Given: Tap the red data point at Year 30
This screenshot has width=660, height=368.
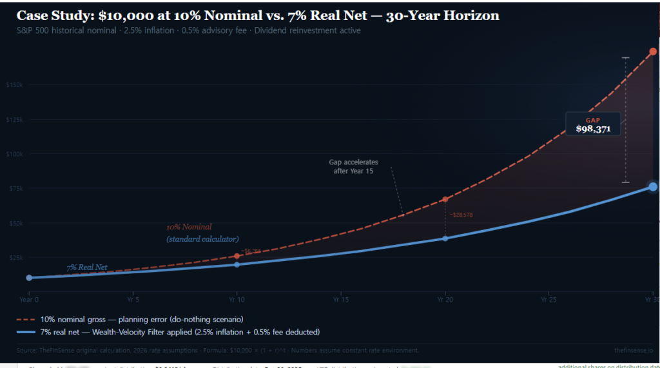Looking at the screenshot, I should pos(652,51).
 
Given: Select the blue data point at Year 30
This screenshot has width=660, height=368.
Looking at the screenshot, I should pos(652,186).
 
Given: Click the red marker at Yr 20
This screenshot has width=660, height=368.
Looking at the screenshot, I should pos(445,200).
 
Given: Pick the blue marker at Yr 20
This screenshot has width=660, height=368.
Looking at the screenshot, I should pos(445,238).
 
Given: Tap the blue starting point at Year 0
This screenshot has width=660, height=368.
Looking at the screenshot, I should pos(29,278).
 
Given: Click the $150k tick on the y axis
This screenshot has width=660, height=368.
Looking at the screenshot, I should pos(14,85).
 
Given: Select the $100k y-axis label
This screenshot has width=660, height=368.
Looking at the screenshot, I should pos(14,154).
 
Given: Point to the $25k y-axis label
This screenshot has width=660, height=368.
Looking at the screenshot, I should pos(15,257).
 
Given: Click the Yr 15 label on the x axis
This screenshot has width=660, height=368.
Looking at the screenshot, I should pos(340,300).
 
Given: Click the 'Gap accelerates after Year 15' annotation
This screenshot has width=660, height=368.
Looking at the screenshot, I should pos(354,167).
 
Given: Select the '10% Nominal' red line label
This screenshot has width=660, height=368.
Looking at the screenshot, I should pos(189,227).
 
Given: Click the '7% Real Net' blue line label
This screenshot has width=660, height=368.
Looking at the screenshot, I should pos(86,267).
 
